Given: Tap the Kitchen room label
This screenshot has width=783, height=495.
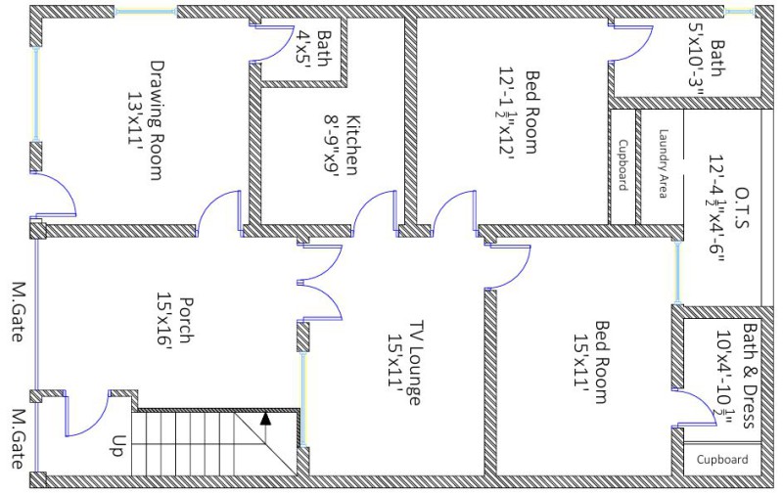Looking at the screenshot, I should coord(343,145).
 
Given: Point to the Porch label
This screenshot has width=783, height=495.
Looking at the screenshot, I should coord(173,324).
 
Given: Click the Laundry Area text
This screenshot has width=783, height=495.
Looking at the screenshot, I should coord(663,164).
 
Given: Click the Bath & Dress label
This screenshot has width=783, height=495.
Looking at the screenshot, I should coord(739,377).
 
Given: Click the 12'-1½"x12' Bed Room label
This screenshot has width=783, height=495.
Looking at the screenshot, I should coord(520,112).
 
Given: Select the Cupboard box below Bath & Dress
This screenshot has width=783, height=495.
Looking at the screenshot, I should coord(722,459).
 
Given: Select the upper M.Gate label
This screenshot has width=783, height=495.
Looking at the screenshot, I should coord(19,313).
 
